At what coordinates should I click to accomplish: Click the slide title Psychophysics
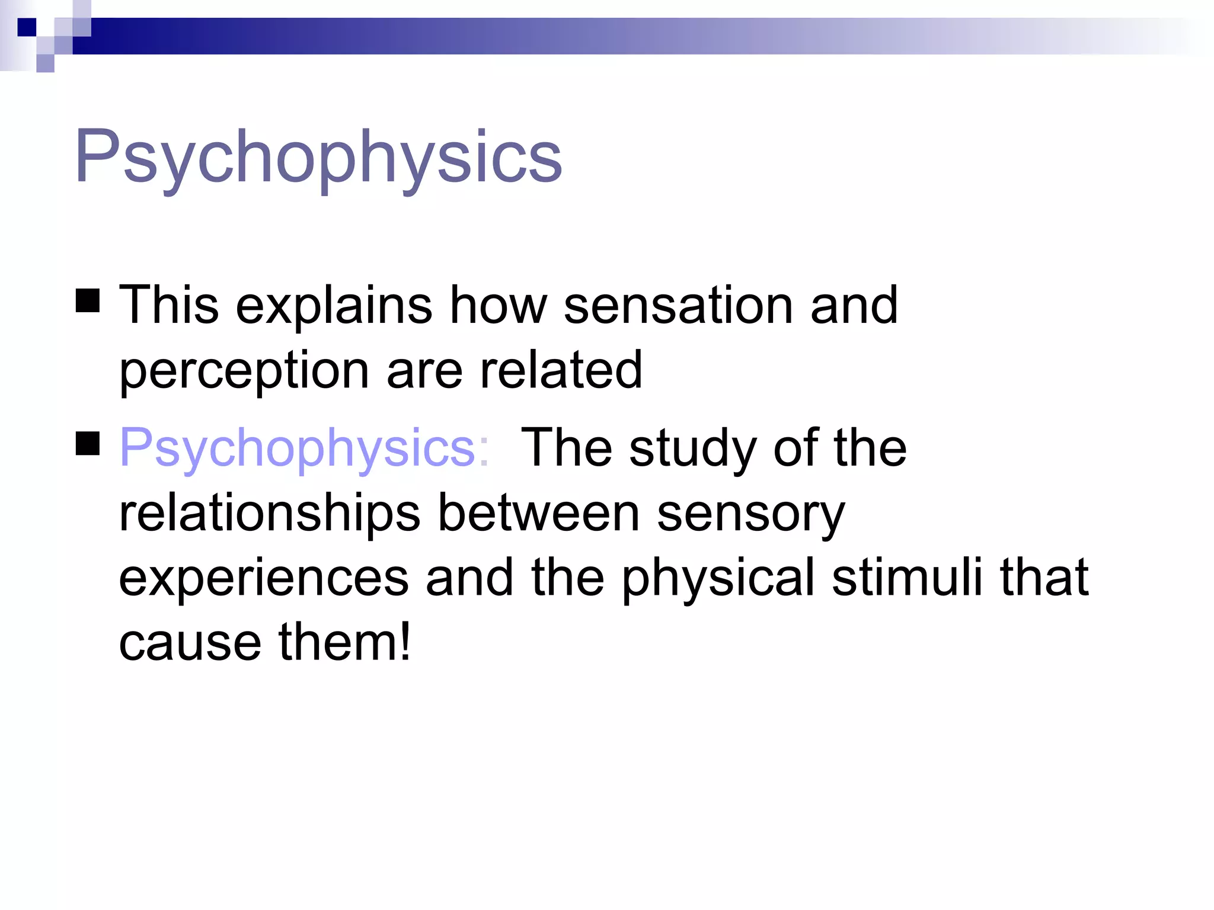(318, 157)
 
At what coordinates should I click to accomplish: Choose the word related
(561, 370)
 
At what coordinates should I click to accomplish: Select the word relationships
(270, 514)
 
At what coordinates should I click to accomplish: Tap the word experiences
(264, 579)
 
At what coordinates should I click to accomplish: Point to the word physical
(718, 579)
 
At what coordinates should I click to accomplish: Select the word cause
(190, 643)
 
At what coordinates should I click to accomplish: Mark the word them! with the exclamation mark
(344, 642)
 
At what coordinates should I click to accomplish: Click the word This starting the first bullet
(169, 305)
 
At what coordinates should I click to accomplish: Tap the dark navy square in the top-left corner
(27, 27)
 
